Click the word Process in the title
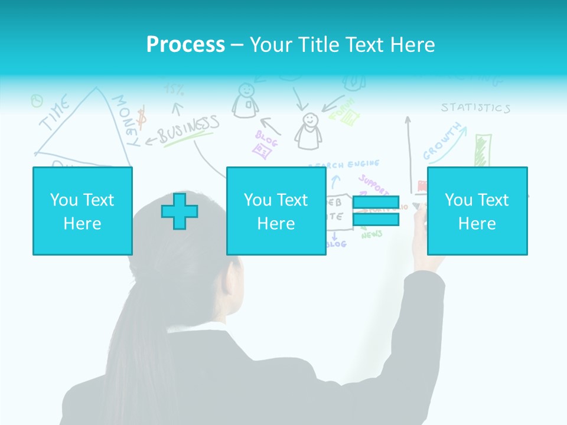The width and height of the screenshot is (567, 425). click(185, 45)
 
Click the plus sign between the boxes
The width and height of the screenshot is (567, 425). click(180, 211)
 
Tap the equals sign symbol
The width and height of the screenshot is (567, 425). click(376, 211)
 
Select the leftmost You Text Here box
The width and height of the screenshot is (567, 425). click(82, 211)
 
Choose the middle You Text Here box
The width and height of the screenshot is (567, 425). click(276, 211)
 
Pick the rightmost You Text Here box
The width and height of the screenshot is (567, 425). click(477, 211)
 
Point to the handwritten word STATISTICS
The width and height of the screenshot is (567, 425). click(475, 107)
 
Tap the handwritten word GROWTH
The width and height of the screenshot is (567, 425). click(443, 142)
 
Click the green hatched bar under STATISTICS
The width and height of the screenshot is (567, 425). click(483, 151)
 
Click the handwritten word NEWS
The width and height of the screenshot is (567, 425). click(372, 235)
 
